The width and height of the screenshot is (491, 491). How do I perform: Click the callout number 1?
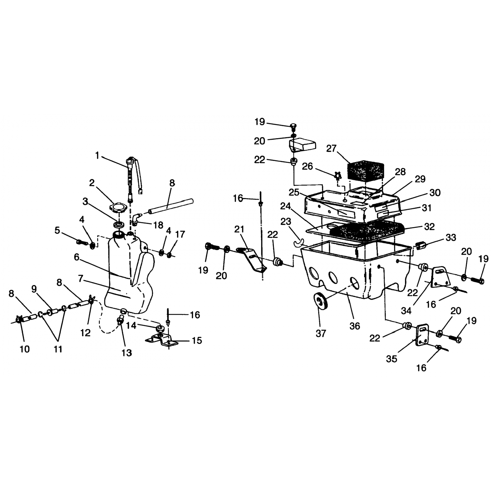tap(97, 155)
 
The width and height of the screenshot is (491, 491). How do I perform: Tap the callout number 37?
tap(321, 333)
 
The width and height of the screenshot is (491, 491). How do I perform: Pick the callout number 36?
tap(355, 326)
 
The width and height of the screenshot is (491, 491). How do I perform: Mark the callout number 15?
tap(197, 340)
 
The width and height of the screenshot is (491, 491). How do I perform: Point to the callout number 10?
tap(25, 349)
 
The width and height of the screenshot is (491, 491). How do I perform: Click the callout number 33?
tap(451, 238)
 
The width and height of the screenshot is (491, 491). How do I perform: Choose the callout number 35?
tap(391, 359)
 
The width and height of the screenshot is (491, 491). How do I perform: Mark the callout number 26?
tap(307, 167)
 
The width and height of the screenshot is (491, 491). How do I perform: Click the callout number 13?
tap(127, 353)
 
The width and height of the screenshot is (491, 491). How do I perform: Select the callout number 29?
tap(420, 179)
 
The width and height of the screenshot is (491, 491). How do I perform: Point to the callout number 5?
tap(57, 230)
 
